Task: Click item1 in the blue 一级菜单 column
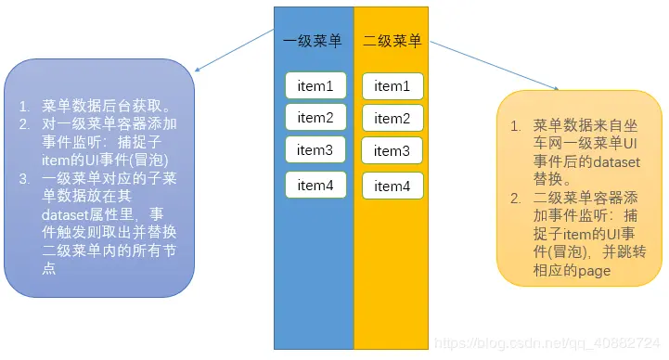click(315, 85)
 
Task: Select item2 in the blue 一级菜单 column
click(315, 117)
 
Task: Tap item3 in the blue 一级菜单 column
click(315, 149)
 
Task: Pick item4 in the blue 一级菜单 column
click(315, 186)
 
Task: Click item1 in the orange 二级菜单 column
click(392, 86)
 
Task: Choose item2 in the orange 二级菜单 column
click(392, 119)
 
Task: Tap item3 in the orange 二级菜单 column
click(392, 150)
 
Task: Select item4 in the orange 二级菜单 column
click(392, 186)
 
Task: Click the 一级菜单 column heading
click(313, 41)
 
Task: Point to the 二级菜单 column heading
click(392, 41)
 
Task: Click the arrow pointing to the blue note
click(232, 50)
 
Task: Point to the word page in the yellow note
click(594, 271)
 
